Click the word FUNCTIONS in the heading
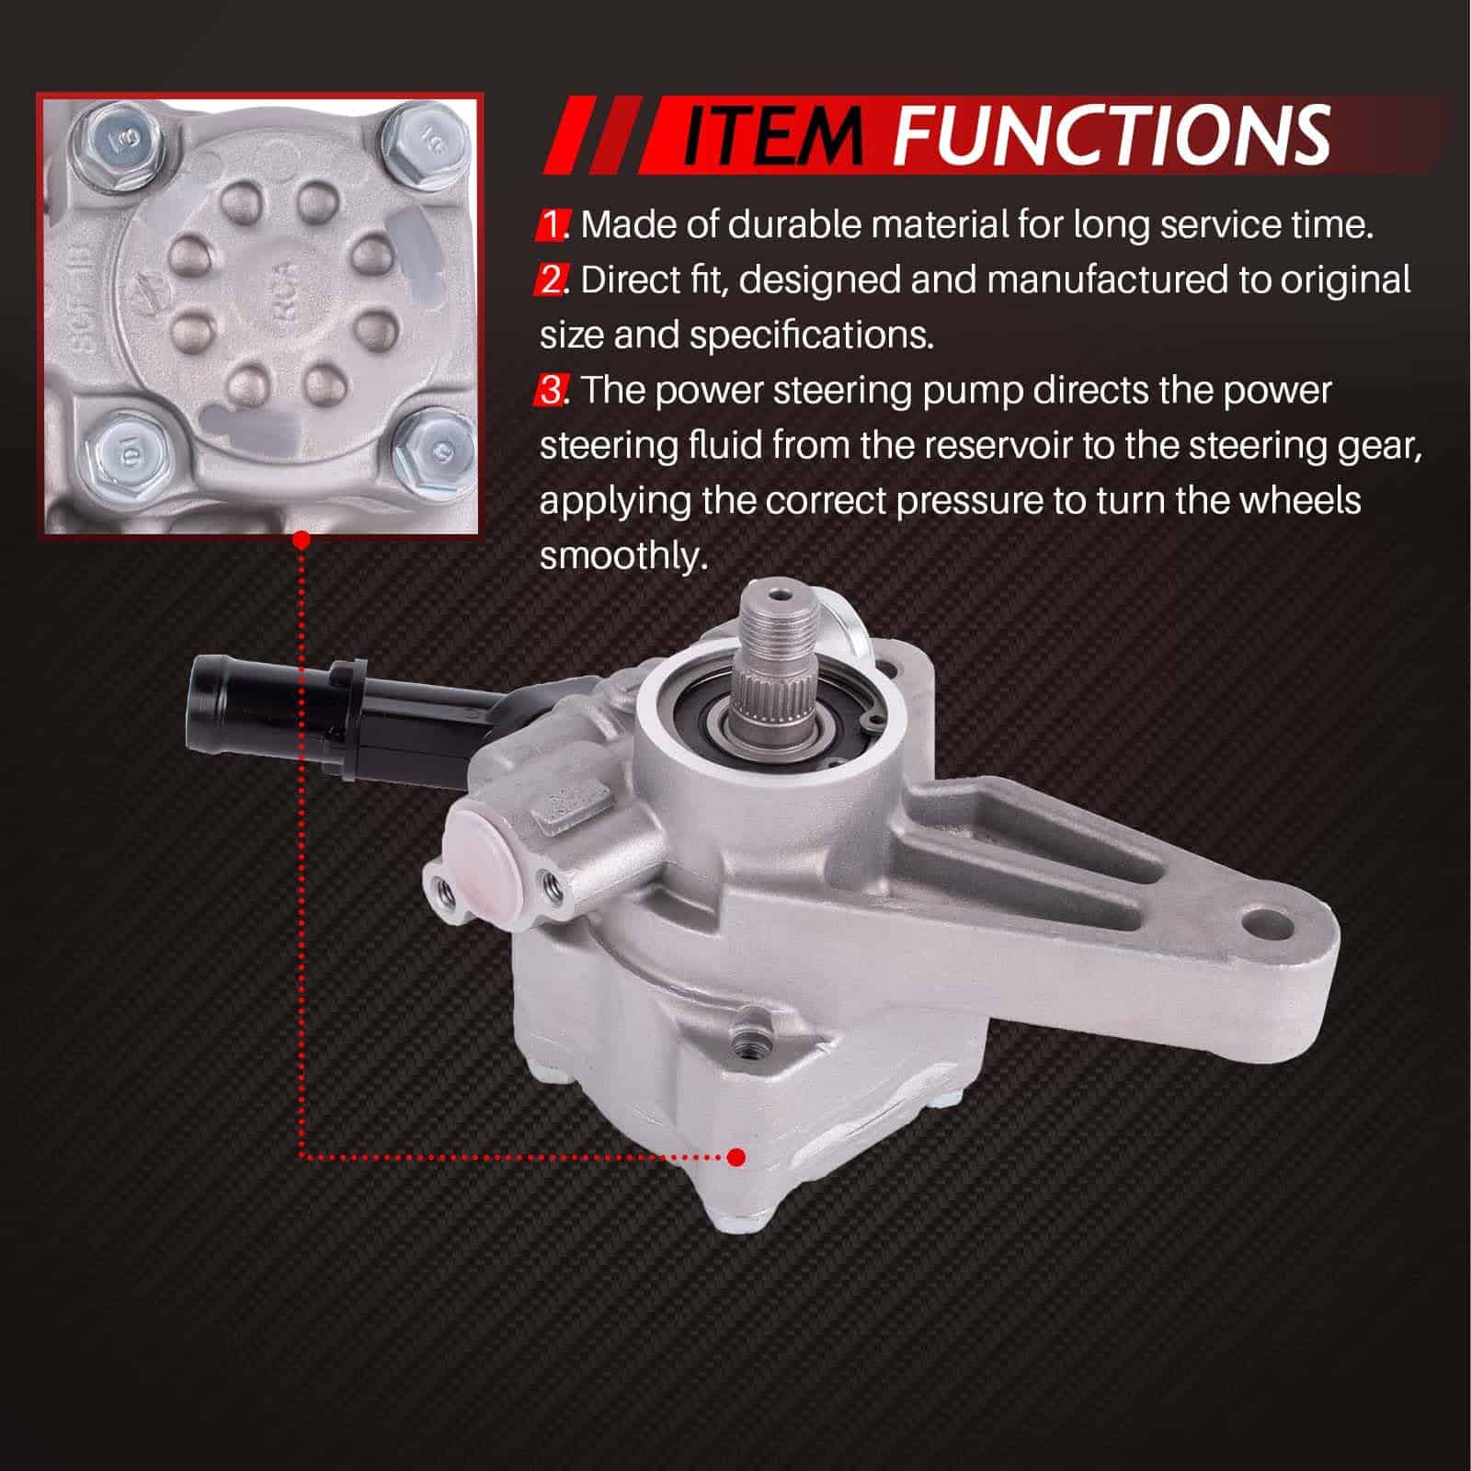pyautogui.click(x=1112, y=136)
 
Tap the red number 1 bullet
pyautogui.click(x=552, y=224)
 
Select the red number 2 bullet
pyautogui.click(x=552, y=279)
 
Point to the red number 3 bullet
pyautogui.click(x=552, y=390)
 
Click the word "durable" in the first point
pyautogui.click(x=795, y=224)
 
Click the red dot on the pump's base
pyautogui.click(x=735, y=1157)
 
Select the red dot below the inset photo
pyautogui.click(x=300, y=542)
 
